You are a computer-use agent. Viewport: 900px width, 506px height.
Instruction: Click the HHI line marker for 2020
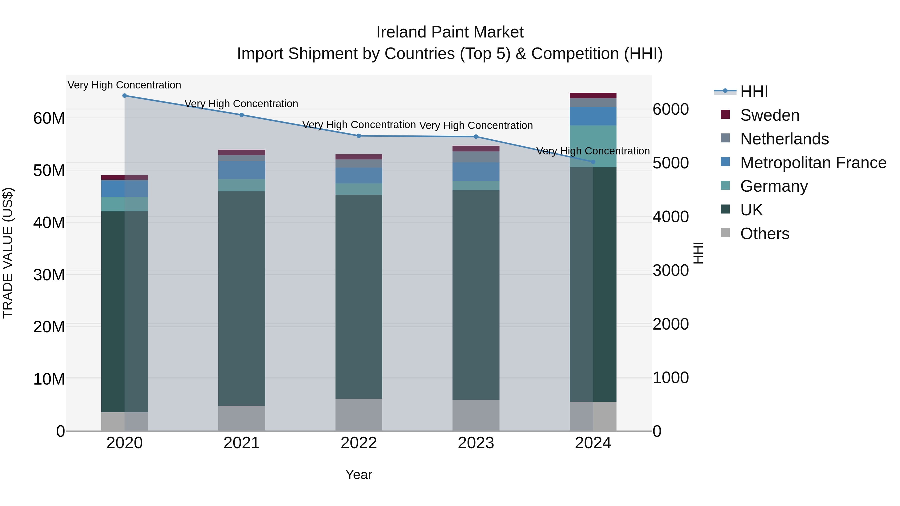[x=124, y=96]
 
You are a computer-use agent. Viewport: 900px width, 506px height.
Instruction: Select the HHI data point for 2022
[x=359, y=136]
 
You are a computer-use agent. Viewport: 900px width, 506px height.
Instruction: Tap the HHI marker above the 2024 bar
[x=593, y=162]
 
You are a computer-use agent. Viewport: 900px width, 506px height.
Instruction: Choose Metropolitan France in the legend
[x=813, y=163]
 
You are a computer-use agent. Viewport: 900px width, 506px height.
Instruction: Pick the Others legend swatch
[x=725, y=233]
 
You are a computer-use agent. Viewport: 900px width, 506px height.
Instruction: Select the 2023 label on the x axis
[x=476, y=443]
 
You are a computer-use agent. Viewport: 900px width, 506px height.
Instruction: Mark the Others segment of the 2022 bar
[x=359, y=415]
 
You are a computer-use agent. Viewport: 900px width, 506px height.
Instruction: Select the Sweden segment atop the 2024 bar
[x=593, y=95]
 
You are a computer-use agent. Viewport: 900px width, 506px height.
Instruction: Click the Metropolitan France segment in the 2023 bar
[x=476, y=171]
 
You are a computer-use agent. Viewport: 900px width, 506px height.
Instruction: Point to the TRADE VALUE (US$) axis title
[x=8, y=253]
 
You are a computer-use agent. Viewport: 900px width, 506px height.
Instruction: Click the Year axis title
[x=359, y=475]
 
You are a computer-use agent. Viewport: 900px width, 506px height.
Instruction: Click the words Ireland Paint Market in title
[x=450, y=32]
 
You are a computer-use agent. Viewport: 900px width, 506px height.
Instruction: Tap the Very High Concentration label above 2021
[x=241, y=104]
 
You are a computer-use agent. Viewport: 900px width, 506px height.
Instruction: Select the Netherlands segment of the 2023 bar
[x=476, y=157]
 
